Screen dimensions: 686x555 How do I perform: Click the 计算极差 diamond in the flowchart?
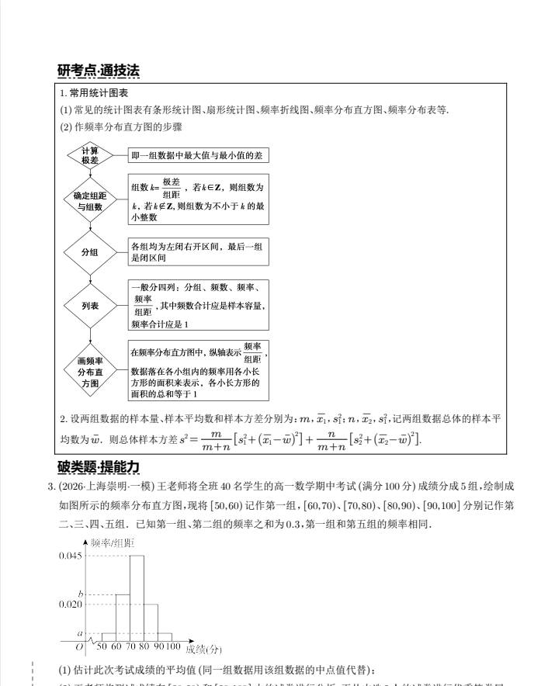90,155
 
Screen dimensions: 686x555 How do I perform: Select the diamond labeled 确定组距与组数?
90,201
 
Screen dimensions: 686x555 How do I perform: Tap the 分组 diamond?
90,252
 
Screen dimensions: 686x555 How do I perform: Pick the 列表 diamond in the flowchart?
90,306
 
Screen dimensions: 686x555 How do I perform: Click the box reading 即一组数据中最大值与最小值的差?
199,155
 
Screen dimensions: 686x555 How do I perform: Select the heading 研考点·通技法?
99,71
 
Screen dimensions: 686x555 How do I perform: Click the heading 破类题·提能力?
99,466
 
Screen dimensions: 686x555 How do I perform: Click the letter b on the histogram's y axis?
80,594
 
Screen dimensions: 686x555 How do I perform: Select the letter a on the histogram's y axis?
79,634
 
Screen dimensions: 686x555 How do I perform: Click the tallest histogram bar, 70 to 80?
137,598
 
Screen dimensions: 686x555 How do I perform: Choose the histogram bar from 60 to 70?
123,617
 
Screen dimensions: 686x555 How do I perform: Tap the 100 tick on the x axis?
172,646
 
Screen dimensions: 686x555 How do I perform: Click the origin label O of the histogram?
79,646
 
